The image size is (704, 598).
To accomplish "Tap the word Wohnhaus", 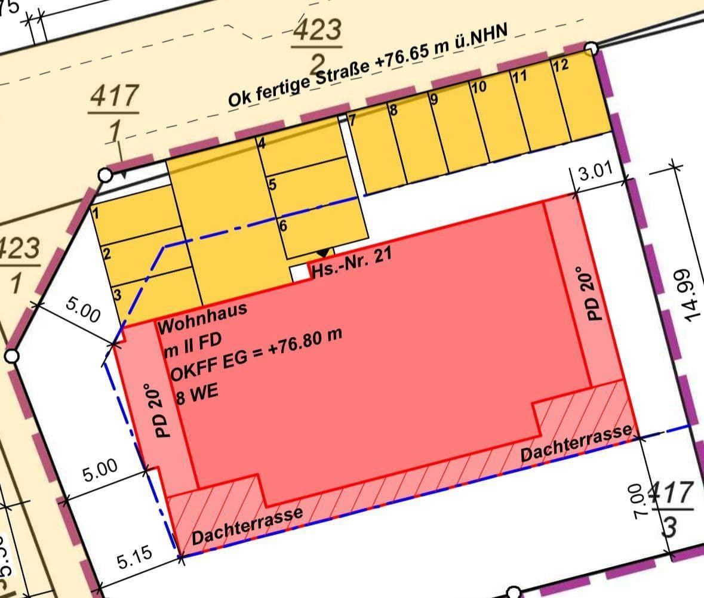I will click(x=202, y=319).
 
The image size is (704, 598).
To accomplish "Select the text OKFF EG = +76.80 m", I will click(x=256, y=356).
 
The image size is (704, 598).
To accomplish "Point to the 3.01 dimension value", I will click(x=595, y=174).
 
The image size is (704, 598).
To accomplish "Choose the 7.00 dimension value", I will click(x=640, y=501).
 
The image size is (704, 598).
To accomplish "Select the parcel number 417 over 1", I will click(x=113, y=113).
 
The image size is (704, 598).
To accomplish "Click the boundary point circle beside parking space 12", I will click(x=591, y=48).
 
